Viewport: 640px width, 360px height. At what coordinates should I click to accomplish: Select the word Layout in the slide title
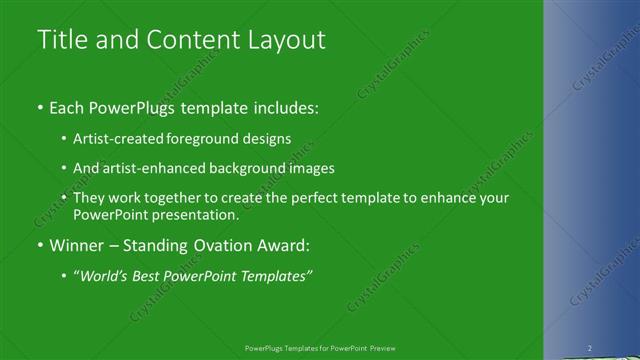(285, 40)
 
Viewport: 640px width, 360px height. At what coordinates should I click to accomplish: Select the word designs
(265, 139)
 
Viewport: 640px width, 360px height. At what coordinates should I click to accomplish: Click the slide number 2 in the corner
(590, 348)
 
